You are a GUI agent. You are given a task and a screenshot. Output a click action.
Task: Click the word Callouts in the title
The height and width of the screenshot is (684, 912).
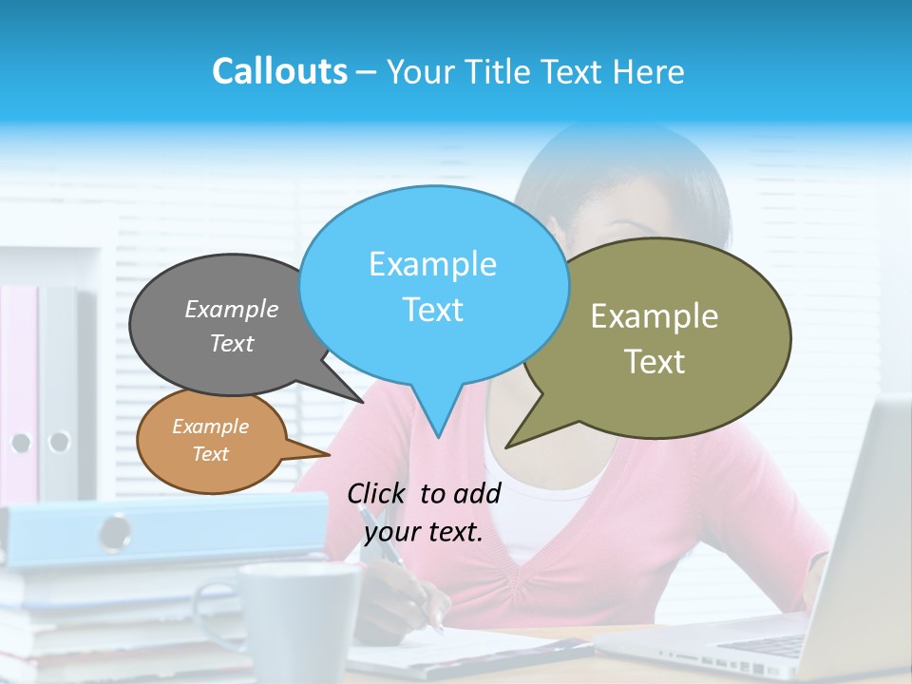(279, 71)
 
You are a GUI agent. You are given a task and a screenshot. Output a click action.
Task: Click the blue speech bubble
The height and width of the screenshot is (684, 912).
(433, 285)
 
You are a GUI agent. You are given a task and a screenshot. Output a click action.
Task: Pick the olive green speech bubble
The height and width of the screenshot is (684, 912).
(665, 337)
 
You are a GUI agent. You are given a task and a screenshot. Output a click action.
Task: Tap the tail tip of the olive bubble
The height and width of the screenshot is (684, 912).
(507, 446)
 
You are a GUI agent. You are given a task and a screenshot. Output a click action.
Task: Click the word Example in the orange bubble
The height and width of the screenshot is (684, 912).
(210, 427)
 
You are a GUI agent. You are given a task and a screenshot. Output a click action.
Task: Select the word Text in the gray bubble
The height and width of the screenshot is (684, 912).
(232, 344)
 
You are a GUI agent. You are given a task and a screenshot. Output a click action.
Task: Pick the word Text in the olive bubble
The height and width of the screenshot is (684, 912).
(655, 362)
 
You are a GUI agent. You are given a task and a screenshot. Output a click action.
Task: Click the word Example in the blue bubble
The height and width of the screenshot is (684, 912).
(432, 263)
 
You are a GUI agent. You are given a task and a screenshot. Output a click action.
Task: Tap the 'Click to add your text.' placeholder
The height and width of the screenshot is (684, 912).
(424, 512)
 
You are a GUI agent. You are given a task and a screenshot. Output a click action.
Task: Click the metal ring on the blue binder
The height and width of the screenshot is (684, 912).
(116, 530)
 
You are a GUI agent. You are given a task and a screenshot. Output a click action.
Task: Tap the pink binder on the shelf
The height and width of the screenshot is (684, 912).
(19, 380)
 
